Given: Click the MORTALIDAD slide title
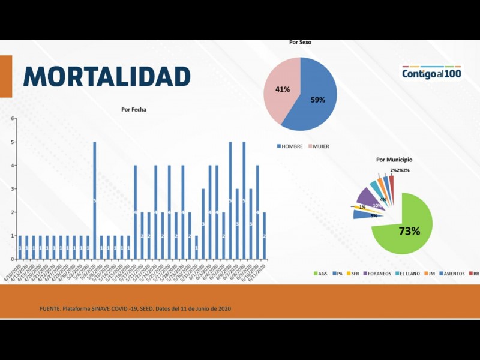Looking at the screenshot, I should [107, 76].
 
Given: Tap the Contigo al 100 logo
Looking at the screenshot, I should [431, 73].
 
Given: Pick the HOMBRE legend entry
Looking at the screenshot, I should [290, 146].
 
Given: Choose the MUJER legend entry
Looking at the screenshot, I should [319, 146].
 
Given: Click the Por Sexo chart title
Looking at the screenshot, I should [300, 43].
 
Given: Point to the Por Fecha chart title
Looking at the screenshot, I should [133, 110].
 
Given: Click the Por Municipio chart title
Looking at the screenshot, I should [394, 160].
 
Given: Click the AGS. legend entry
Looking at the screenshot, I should [320, 274].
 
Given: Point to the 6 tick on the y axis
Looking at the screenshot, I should [12, 118].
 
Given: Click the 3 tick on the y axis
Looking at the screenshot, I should [12, 189].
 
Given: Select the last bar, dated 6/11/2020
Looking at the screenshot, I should [264, 236].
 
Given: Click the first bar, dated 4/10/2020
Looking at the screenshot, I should [20, 247].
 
